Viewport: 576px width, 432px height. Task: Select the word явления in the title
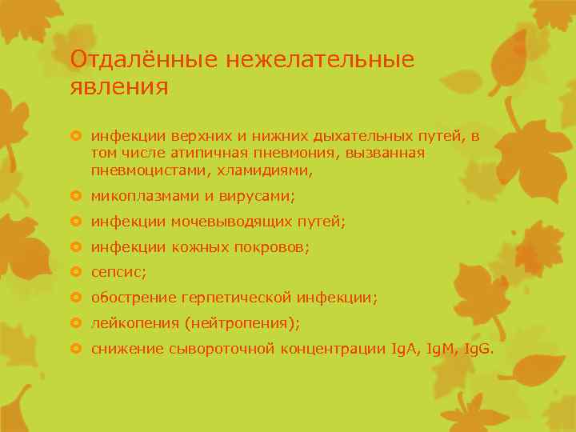tap(119, 86)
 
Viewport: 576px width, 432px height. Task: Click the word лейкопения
tap(127, 324)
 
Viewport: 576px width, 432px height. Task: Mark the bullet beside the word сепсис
tap(77, 272)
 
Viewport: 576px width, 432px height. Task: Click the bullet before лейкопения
tap(77, 323)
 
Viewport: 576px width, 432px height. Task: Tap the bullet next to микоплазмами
tap(77, 195)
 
